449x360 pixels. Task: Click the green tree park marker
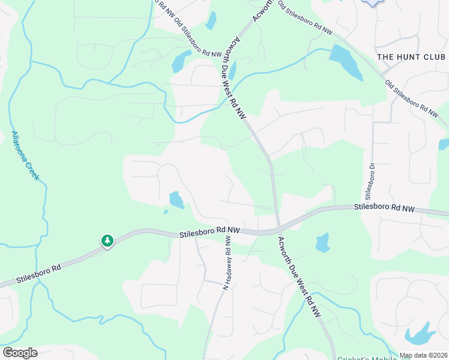107,241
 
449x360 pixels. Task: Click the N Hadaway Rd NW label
228,263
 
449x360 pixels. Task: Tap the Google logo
20,353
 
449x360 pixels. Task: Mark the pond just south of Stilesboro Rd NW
322,242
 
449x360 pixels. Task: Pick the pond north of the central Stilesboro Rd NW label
176,200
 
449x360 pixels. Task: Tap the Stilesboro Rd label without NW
38,275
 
